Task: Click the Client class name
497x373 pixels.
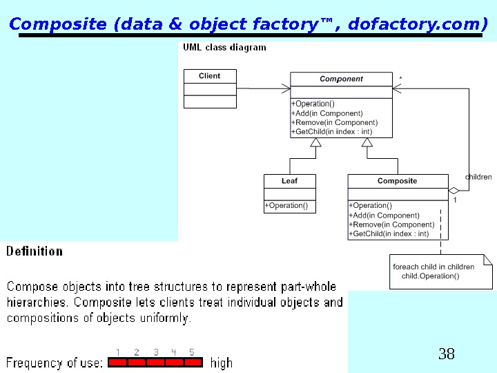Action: click(209, 76)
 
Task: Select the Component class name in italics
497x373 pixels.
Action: click(341, 79)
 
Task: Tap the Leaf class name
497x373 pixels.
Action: click(289, 181)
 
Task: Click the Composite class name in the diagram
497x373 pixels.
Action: click(397, 181)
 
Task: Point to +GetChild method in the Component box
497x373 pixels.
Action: click(332, 132)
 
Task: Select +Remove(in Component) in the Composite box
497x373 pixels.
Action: click(392, 224)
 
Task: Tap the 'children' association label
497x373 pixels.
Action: click(478, 177)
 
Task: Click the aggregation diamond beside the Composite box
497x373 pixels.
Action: click(454, 191)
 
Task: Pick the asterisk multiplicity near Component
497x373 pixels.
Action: click(401, 79)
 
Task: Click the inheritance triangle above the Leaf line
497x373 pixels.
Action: click(316, 143)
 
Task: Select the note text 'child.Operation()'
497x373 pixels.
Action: click(430, 276)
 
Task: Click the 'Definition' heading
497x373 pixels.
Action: click(35, 251)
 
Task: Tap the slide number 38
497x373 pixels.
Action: click(447, 354)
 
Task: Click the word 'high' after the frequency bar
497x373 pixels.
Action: click(222, 363)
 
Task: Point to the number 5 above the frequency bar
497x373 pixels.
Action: click(192, 352)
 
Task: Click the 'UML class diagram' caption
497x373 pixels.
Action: click(224, 48)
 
